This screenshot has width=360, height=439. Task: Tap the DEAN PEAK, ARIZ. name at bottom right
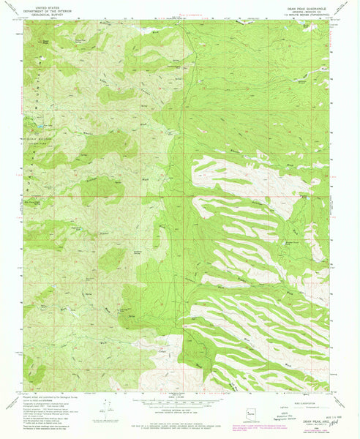tap(323, 423)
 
